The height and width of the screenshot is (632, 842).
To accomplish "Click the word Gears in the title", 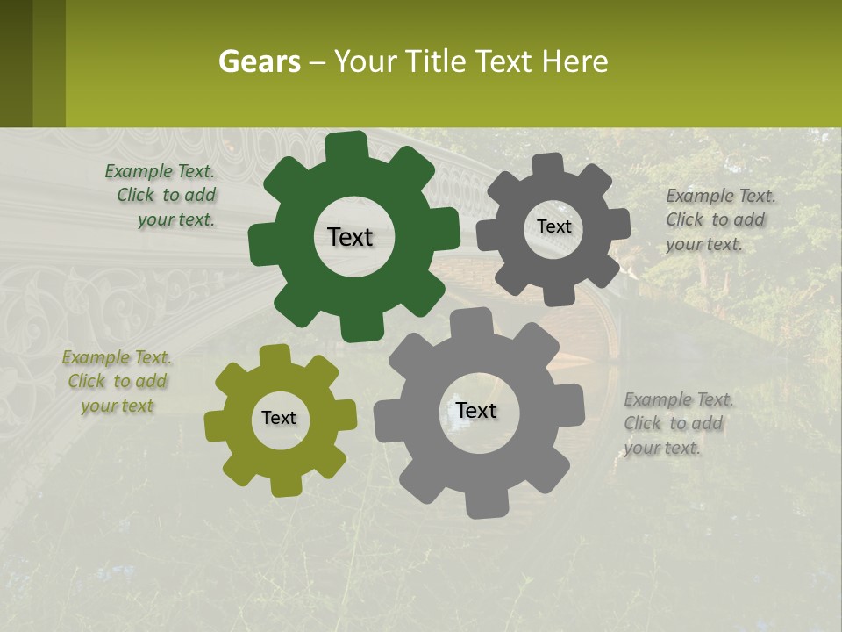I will click(260, 61).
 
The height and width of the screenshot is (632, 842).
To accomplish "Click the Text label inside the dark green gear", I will click(350, 237).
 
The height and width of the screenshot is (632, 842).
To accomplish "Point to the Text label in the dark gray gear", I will click(553, 226).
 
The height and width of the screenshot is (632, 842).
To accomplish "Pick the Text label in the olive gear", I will click(279, 418).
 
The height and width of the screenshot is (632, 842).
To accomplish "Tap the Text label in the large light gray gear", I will click(476, 410).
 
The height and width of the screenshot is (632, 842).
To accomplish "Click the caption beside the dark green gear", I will click(163, 196).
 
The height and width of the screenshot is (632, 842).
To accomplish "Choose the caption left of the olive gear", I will click(117, 382).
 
